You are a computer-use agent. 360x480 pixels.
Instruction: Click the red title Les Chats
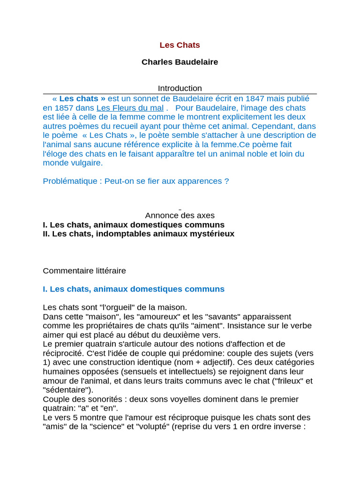pyautogui.click(x=180, y=45)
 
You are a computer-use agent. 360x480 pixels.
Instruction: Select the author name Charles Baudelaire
pyautogui.click(x=180, y=62)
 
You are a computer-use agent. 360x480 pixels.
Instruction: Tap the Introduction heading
pyautogui.click(x=180, y=88)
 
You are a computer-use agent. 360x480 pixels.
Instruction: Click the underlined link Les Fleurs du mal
pyautogui.click(x=130, y=107)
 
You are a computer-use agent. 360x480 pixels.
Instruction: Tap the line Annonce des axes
pyautogui.click(x=180, y=216)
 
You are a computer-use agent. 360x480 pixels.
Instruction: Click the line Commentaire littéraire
pyautogui.click(x=84, y=270)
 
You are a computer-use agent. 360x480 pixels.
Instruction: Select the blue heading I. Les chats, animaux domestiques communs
pyautogui.click(x=134, y=289)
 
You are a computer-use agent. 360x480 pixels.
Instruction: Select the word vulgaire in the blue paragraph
pyautogui.click(x=86, y=163)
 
